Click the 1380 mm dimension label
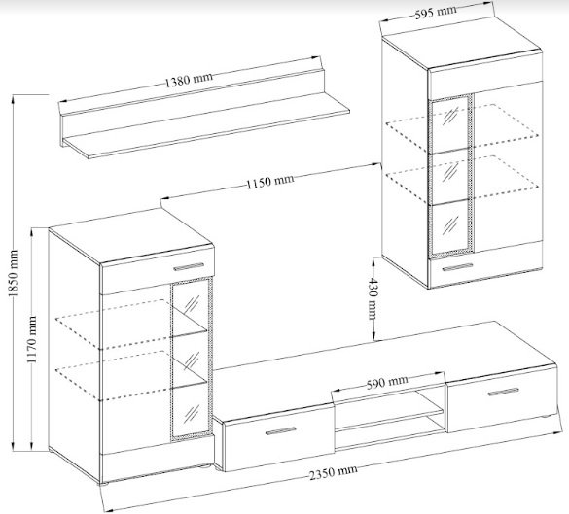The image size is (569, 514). coord(189,80)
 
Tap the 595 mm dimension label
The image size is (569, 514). coord(436,13)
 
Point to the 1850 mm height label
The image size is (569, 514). coord(13,273)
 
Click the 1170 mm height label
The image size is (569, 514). coord(32,339)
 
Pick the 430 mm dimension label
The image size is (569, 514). coord(373,298)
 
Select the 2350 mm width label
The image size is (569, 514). coord(333,472)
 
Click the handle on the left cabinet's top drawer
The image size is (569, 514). coord(189,267)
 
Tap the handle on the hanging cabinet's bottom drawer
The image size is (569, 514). coord(457,267)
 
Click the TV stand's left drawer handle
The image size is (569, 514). coord(280,430)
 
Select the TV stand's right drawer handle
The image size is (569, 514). coord(503,392)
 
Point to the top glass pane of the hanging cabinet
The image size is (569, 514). coord(450,124)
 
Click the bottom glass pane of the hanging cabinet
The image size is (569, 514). coord(450,227)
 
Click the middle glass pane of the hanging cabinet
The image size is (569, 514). coord(450,176)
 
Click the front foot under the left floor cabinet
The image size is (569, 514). coord(103,483)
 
